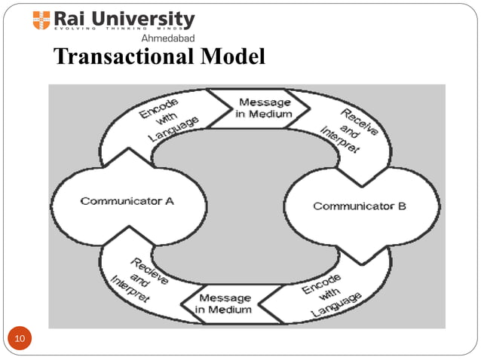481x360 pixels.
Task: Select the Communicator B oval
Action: coord(360,206)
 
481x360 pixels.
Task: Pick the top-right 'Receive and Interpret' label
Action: coord(353,130)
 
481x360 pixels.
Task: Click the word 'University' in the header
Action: coord(147,18)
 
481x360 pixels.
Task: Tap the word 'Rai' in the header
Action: coord(73,18)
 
